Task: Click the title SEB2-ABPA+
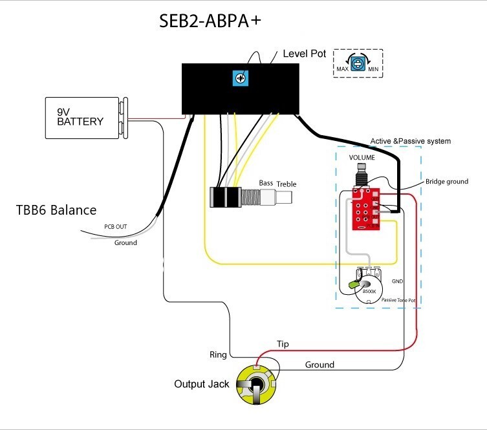210,21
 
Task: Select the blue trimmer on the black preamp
241,79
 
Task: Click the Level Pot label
305,54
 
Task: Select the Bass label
266,183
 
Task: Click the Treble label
287,184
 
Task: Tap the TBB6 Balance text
56,210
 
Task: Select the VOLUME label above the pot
362,158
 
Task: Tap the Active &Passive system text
410,141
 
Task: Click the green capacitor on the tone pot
354,284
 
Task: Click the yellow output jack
257,384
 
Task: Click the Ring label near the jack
218,354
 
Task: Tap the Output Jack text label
201,384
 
